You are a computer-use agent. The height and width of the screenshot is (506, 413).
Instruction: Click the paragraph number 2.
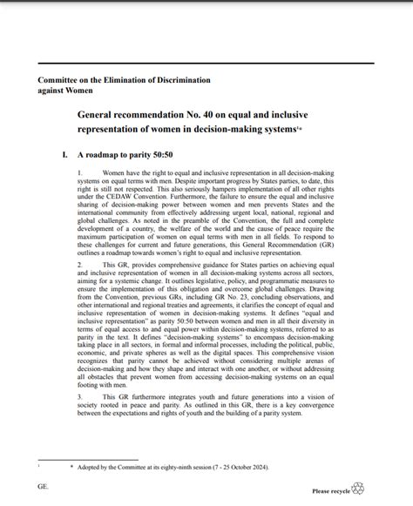(79, 264)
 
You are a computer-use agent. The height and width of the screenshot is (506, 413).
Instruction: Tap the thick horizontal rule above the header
(206, 65)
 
